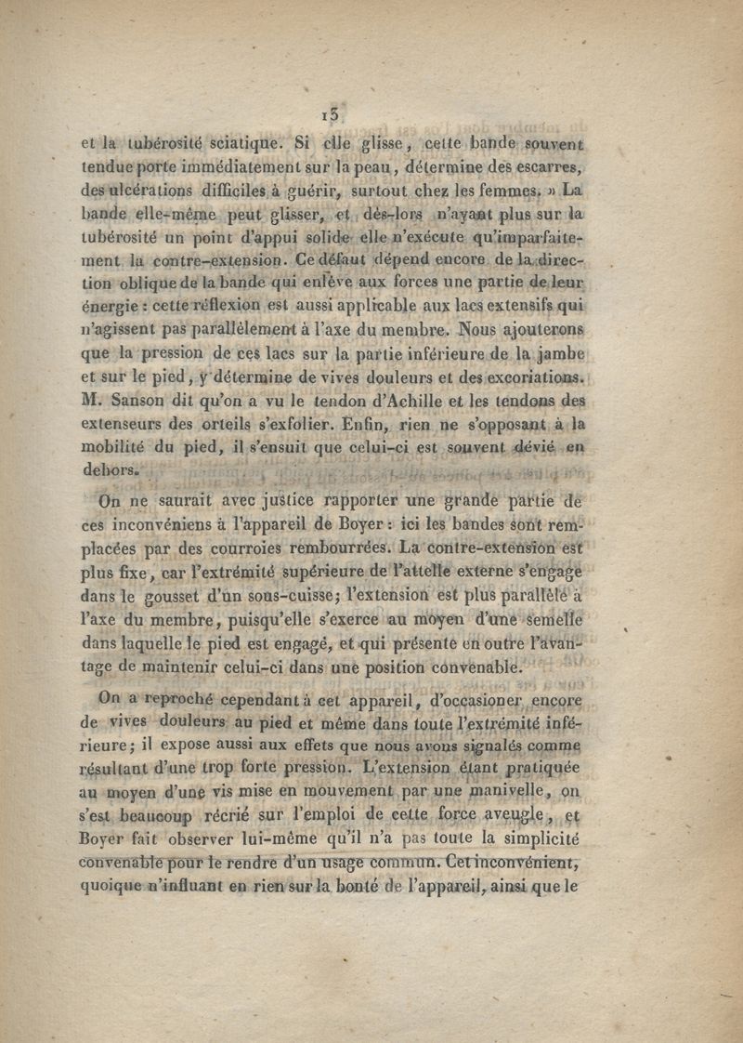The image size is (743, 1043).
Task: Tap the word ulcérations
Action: [154, 191]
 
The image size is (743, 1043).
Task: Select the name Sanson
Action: [136, 402]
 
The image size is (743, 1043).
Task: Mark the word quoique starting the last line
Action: [110, 887]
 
